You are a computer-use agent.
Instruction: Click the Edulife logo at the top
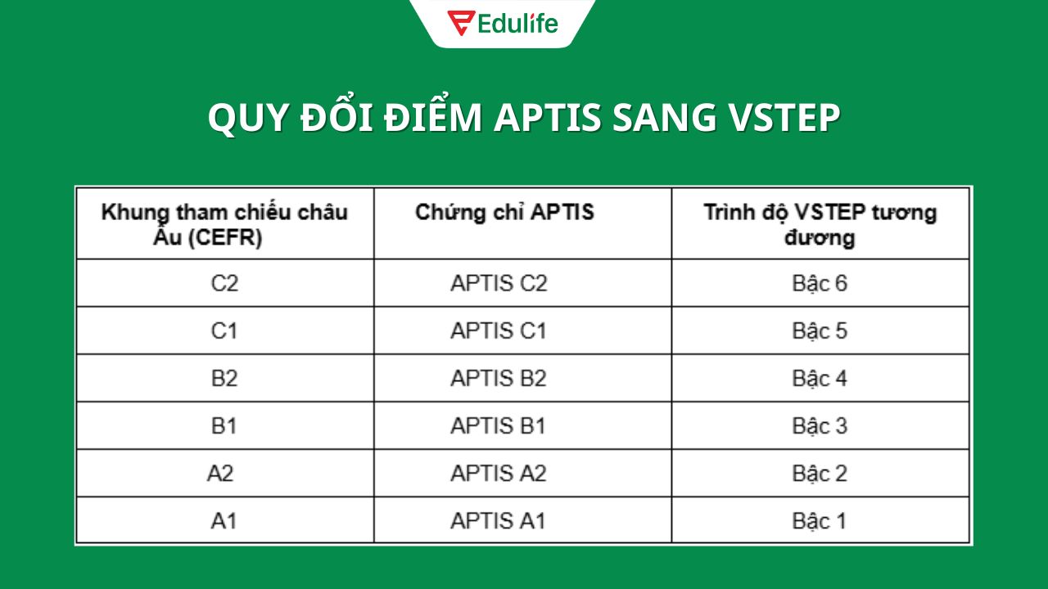[503, 23]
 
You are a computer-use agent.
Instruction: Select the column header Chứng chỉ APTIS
[504, 213]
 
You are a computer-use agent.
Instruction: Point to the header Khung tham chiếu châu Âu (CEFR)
[224, 224]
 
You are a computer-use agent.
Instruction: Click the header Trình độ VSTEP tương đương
[820, 224]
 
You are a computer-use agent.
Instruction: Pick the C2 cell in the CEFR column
[224, 283]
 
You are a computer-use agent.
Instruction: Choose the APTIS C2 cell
[499, 283]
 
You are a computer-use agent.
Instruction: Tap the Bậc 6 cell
[820, 283]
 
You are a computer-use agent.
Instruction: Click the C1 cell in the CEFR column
[224, 330]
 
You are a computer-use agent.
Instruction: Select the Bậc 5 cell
[820, 330]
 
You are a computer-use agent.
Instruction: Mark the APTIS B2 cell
[499, 378]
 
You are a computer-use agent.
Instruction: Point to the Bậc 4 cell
[820, 378]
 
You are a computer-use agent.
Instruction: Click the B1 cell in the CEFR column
[224, 425]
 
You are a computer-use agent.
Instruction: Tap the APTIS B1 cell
[499, 425]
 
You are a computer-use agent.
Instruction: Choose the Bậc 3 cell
[820, 425]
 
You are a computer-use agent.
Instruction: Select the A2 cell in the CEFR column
[220, 473]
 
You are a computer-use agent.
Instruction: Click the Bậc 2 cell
[820, 473]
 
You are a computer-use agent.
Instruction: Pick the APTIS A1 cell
[498, 520]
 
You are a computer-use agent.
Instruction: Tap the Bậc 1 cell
[820, 520]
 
